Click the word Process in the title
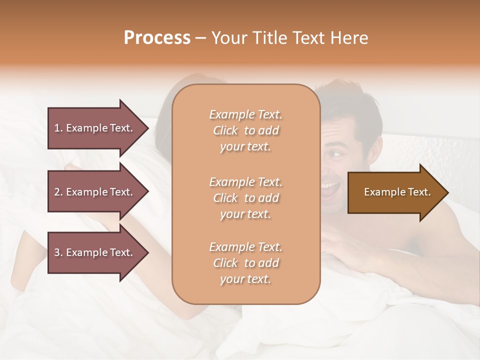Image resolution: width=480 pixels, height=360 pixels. click(157, 38)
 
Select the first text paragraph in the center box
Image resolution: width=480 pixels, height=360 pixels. click(245, 130)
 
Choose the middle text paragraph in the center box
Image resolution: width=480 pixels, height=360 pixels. click(245, 198)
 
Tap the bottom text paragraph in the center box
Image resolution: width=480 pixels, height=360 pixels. click(245, 263)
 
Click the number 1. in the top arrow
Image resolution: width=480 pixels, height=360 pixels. click(58, 128)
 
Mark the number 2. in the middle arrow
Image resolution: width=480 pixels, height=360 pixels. click(58, 192)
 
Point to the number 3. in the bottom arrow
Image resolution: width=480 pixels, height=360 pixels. click(58, 252)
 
